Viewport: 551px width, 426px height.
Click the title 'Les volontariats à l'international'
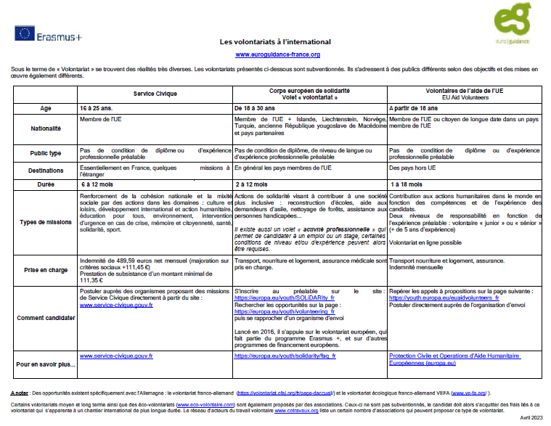pos(275,42)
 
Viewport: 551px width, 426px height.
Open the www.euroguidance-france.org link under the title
pos(278,54)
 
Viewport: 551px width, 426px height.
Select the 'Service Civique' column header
pos(155,94)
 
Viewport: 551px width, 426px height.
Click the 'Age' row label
pos(45,107)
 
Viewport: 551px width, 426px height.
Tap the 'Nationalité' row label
pos(45,128)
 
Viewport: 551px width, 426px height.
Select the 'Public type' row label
pos(45,153)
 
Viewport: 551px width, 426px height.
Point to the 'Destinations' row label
pos(45,170)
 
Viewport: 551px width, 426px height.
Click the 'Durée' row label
pos(45,185)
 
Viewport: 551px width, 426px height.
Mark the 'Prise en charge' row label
pos(45,269)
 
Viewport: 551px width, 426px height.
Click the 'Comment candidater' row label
pos(45,317)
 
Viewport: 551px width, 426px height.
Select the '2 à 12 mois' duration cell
pos(252,185)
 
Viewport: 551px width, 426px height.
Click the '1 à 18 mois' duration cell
pos(407,185)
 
